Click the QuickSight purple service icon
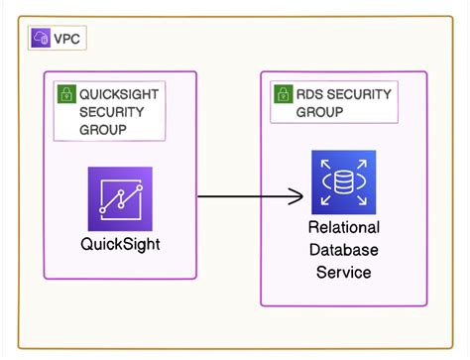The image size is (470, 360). pyautogui.click(x=120, y=198)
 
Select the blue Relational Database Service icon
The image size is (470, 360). pyautogui.click(x=343, y=182)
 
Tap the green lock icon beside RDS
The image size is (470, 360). pyautogui.click(x=283, y=95)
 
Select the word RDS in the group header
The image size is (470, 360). pyautogui.click(x=311, y=94)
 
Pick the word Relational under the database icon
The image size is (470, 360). pyautogui.click(x=343, y=228)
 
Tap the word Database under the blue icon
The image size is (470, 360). pyautogui.click(x=343, y=250)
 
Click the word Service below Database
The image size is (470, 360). pyautogui.click(x=343, y=272)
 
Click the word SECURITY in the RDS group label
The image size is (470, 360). pyautogui.click(x=362, y=94)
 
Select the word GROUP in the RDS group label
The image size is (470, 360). pyautogui.click(x=319, y=112)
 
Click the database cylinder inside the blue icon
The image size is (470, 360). pyautogui.click(x=343, y=182)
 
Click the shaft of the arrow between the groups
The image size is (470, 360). pyautogui.click(x=243, y=196)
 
